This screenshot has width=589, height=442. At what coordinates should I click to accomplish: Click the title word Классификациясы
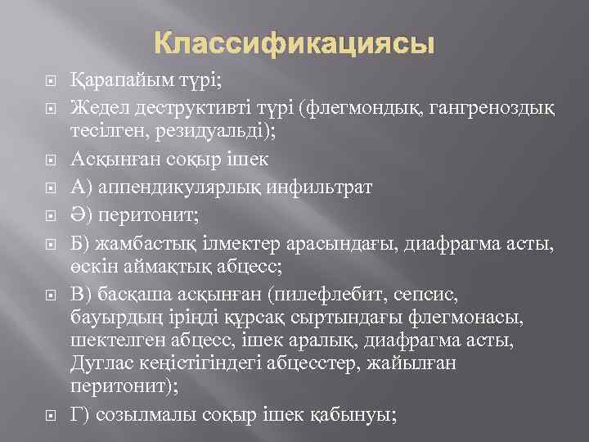tap(294, 43)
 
